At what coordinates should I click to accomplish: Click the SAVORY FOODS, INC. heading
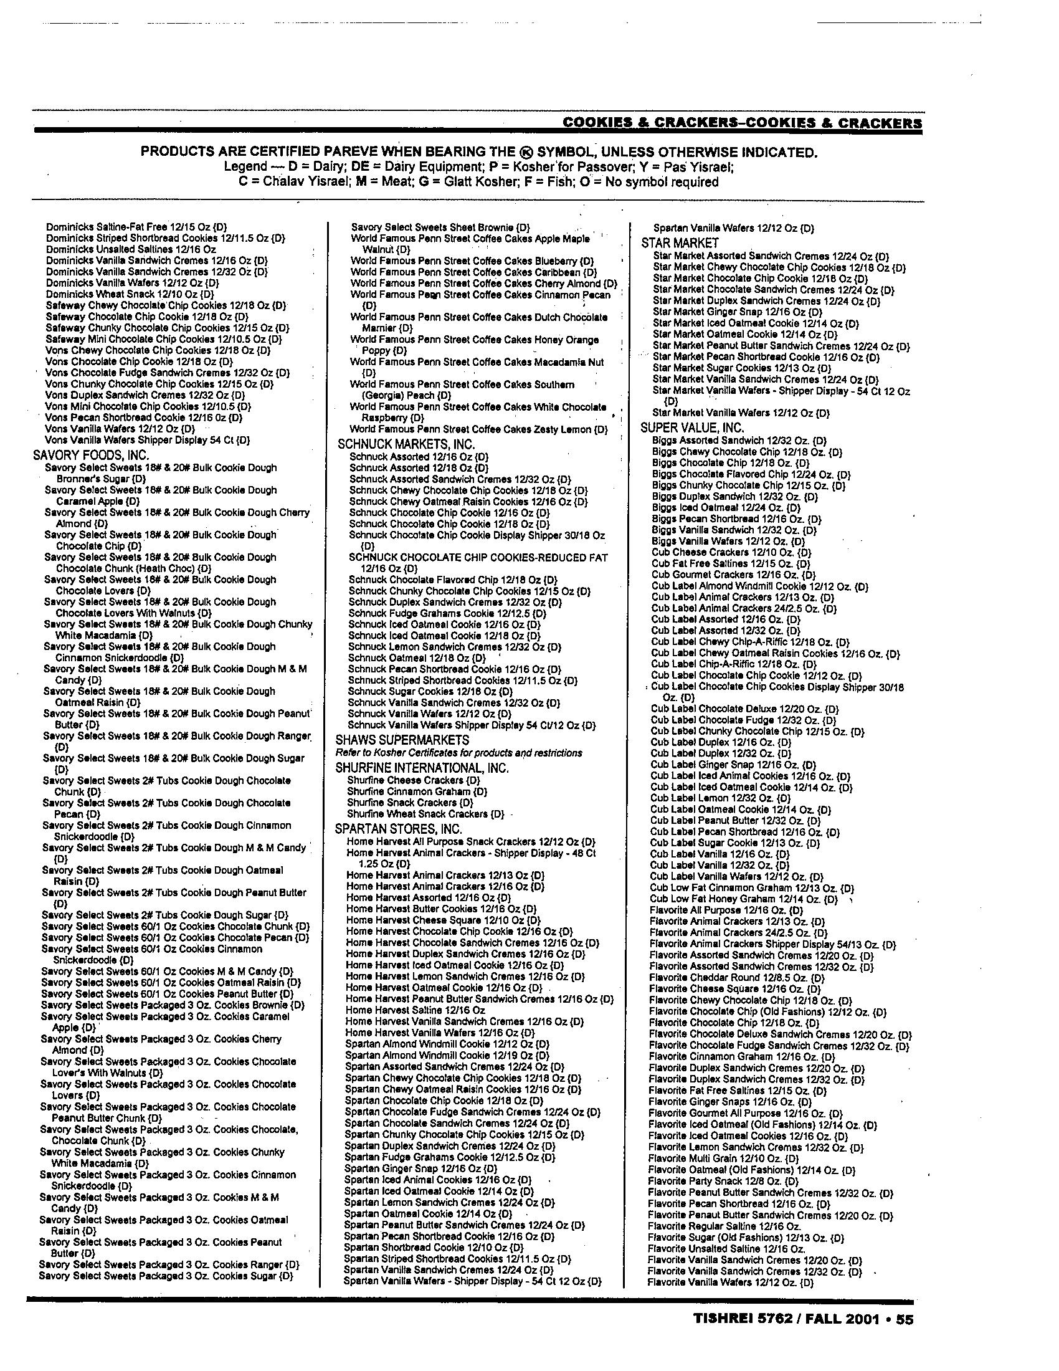tap(90, 455)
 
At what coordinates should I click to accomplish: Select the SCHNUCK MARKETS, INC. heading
tap(406, 444)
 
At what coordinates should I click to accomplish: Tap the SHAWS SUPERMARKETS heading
tap(402, 740)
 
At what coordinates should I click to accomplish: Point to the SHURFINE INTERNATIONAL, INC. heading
tap(422, 768)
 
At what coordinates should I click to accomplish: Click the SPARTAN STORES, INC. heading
tap(399, 829)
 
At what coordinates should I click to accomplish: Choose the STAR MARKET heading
tap(680, 243)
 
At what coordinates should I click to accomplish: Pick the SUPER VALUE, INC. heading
tap(692, 428)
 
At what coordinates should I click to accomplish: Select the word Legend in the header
tap(245, 167)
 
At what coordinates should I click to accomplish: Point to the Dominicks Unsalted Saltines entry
tap(131, 249)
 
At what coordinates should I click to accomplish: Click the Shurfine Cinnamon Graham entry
tap(417, 791)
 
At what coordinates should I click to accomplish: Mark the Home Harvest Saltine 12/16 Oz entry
tap(416, 1010)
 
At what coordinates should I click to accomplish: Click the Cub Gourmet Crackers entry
tap(733, 575)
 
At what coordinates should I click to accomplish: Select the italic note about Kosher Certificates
tap(458, 753)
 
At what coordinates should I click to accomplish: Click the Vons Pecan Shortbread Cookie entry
tap(144, 418)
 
